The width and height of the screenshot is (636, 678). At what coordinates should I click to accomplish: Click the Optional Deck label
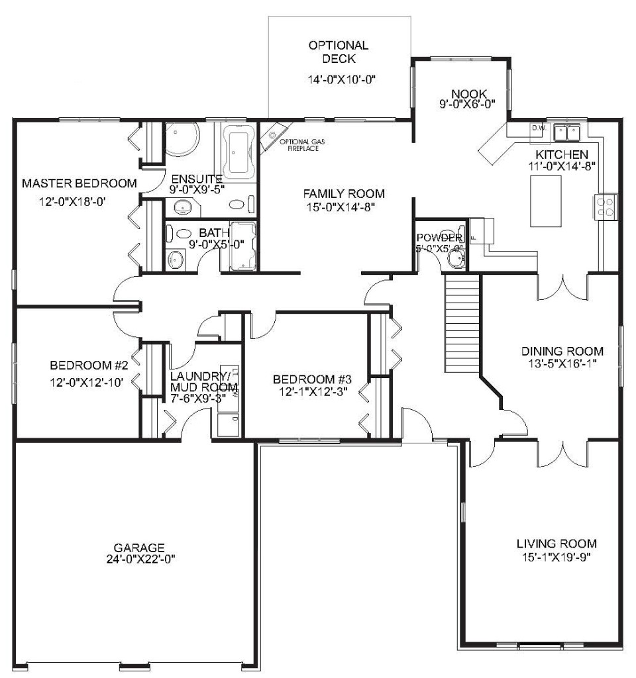[338, 52]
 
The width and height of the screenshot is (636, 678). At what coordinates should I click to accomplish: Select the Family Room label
[344, 193]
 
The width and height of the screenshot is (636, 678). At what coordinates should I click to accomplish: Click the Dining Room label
[562, 351]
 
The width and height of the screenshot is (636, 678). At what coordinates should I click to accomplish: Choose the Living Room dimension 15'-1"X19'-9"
[556, 557]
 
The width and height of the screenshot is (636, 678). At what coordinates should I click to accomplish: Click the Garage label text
[139, 548]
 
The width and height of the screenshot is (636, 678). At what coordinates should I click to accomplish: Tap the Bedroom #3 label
[311, 379]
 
